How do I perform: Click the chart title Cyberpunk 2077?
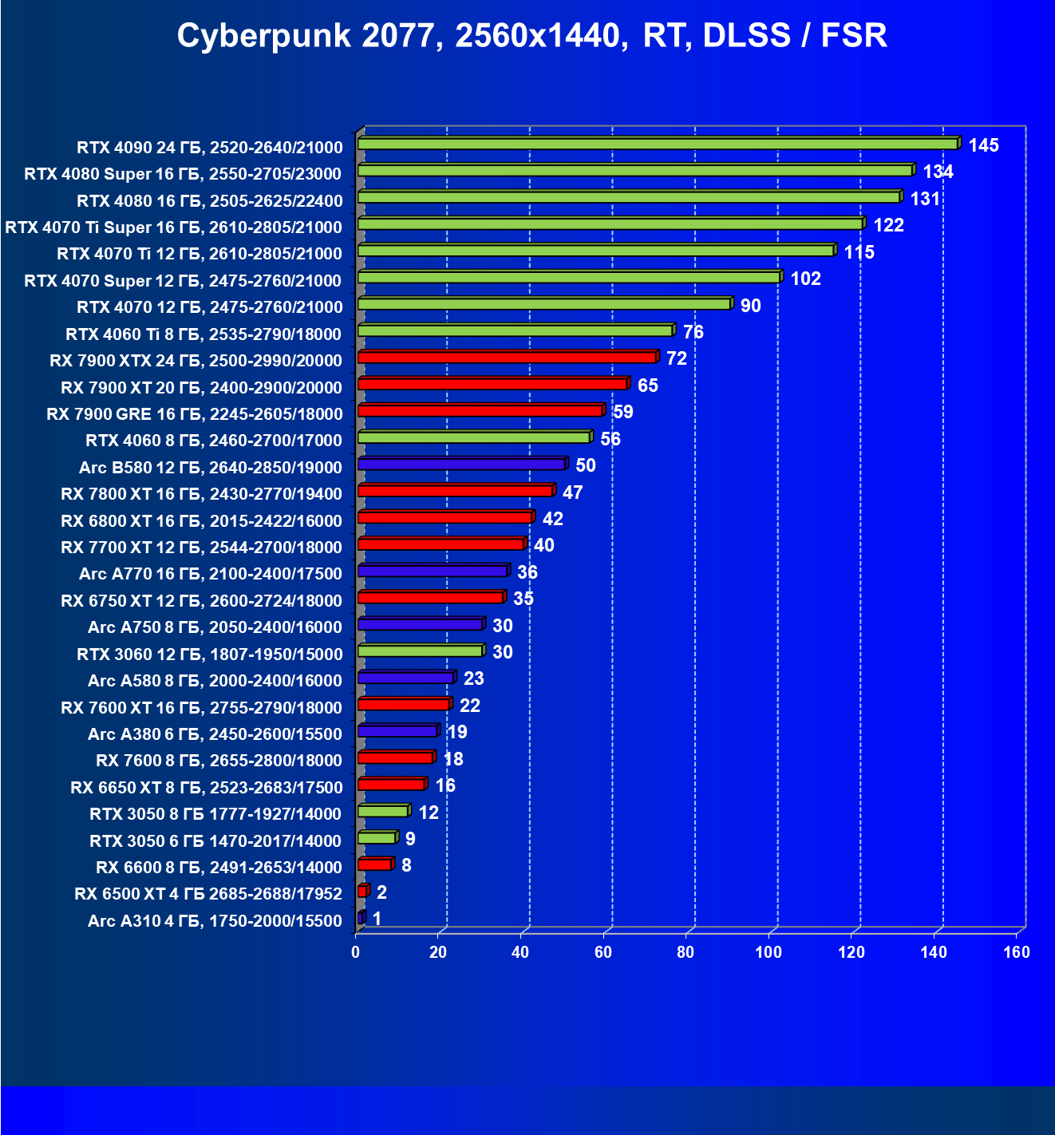(531, 36)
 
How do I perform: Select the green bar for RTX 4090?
(658, 144)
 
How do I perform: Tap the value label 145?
(983, 145)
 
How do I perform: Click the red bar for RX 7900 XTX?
(508, 357)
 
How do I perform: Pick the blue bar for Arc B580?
(461, 464)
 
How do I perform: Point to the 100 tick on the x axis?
(769, 951)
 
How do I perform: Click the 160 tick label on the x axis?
(1017, 951)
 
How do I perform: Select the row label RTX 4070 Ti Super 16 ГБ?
(173, 227)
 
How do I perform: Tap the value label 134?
(938, 172)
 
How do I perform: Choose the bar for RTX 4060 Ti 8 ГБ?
(516, 330)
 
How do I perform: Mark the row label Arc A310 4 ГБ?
(215, 921)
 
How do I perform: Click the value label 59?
(622, 412)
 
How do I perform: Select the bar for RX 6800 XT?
(445, 517)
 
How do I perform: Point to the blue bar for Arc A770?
(433, 571)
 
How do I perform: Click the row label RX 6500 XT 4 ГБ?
(208, 894)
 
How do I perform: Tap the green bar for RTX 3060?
(420, 651)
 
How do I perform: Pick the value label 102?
(805, 279)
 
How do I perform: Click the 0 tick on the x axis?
(356, 951)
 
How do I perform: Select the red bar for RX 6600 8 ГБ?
(374, 864)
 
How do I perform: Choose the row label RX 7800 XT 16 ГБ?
(201, 494)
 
